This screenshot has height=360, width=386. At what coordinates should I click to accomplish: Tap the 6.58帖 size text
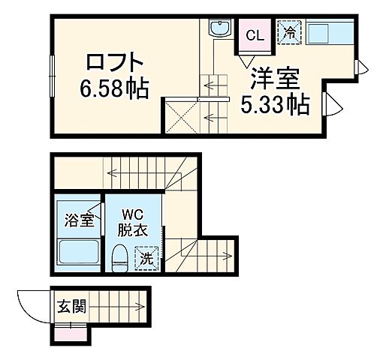(x=114, y=89)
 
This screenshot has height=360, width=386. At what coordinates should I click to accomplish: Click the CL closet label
(x=255, y=34)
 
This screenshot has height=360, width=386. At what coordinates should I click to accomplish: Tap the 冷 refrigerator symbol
(x=289, y=33)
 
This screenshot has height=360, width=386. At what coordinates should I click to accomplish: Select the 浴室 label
(x=77, y=220)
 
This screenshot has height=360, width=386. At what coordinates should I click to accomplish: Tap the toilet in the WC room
(x=119, y=258)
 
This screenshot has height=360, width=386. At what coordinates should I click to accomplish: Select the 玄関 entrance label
(x=71, y=306)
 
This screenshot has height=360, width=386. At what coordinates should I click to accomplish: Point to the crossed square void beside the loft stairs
(x=181, y=117)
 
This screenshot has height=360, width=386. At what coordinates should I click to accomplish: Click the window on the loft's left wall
(x=53, y=75)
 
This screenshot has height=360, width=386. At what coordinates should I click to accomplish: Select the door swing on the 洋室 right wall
(x=331, y=105)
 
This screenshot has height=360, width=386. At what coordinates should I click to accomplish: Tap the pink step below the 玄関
(x=71, y=334)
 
